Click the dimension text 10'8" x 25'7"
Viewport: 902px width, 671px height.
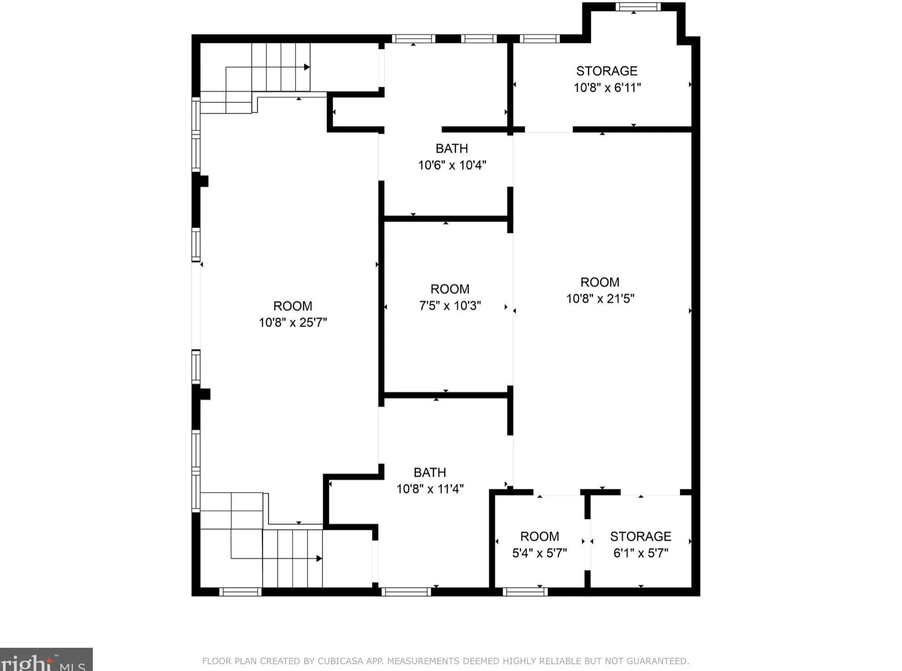293,322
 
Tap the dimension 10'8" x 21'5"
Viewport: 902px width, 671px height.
600,299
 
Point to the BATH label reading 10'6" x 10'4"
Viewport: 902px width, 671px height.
452,157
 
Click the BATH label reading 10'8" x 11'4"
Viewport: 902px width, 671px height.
430,480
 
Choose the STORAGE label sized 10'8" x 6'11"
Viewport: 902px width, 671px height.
607,79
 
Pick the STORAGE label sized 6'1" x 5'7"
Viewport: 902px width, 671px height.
641,544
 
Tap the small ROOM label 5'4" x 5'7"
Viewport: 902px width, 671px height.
540,544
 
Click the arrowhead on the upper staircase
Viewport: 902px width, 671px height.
307,67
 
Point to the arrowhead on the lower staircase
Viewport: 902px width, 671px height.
319,558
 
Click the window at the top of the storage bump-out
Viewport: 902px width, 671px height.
638,7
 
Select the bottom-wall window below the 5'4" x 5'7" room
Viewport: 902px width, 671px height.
525,591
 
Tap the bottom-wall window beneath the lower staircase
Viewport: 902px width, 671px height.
240,591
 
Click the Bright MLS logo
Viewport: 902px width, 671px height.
46,659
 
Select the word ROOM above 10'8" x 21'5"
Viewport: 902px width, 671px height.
600,282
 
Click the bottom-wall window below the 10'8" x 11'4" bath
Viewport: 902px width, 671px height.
406,591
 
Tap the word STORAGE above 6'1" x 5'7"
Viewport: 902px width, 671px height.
641,536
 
